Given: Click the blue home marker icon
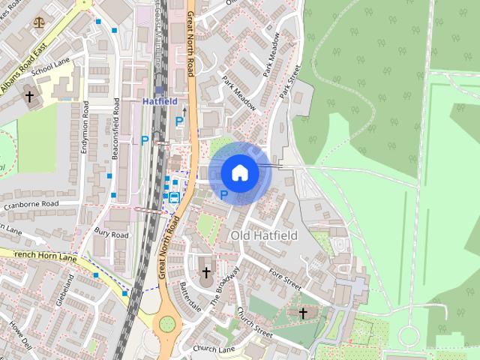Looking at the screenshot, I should point(239,172).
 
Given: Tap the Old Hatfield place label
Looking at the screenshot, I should point(264,235).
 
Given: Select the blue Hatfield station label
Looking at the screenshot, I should point(159,100).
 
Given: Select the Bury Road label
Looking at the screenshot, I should point(112,235).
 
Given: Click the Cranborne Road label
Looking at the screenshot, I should point(52,203).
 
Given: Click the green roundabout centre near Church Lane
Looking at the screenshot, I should point(166,323).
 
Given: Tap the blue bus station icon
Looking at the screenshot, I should point(174,197).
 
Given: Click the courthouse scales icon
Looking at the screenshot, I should point(38,22).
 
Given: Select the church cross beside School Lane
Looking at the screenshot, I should point(29,97).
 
